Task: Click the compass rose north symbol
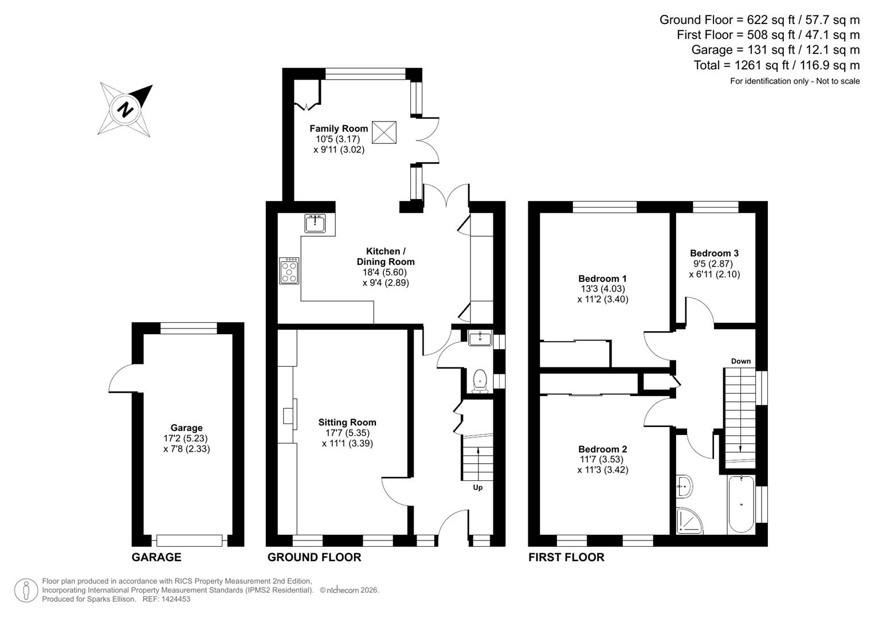[125, 109]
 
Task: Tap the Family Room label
[339, 128]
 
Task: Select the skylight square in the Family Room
[384, 132]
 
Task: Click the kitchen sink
[315, 224]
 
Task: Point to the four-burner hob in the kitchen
[289, 271]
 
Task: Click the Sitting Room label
[347, 422]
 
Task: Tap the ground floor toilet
[479, 381]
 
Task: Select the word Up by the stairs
[477, 488]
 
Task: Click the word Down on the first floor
[740, 361]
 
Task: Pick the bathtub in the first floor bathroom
[741, 504]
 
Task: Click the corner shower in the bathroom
[688, 520]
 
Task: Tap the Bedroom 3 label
[714, 253]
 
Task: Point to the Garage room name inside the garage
[186, 428]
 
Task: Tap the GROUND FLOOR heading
[314, 557]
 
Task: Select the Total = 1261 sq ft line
[776, 65]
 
